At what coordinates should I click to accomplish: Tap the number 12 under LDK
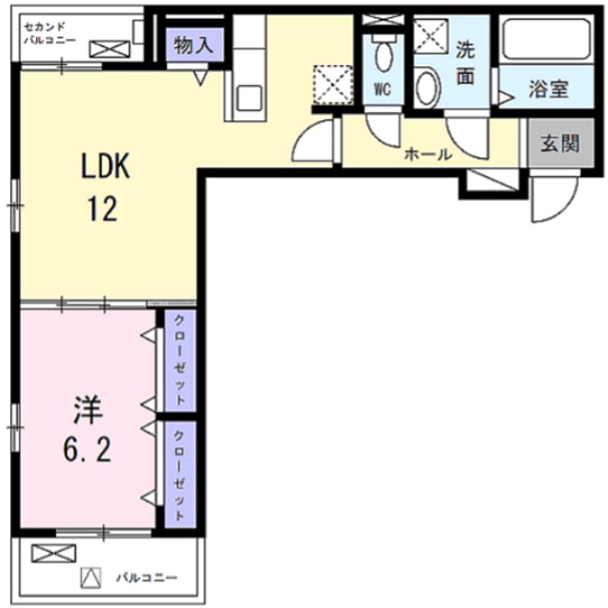103,209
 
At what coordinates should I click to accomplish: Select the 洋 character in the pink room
88,411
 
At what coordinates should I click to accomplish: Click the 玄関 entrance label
560,144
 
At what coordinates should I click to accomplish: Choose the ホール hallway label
427,155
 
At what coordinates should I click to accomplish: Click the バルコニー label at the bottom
145,576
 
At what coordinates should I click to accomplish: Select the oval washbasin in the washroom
427,88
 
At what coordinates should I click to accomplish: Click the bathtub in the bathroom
546,39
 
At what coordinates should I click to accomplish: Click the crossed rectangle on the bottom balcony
53,554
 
